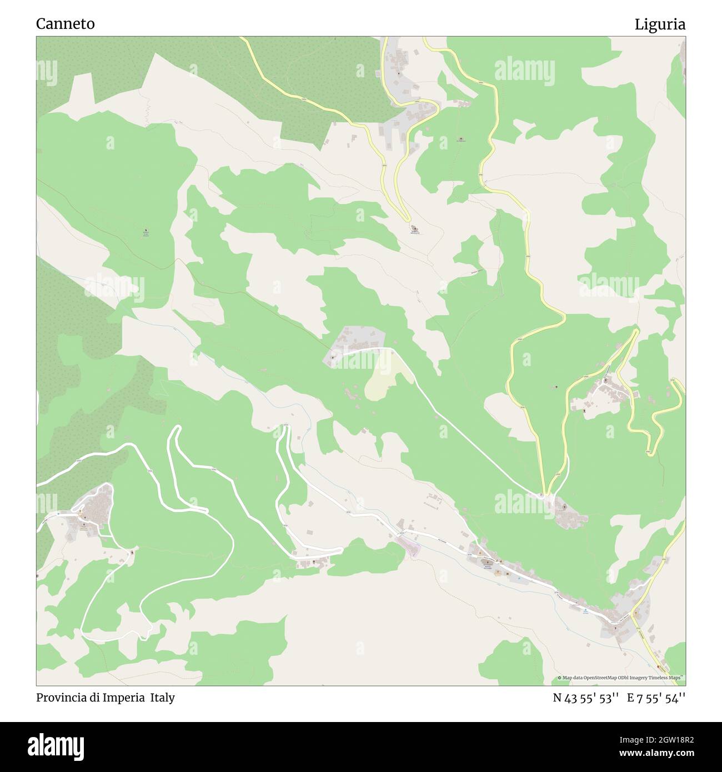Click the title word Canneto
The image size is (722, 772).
tap(65, 24)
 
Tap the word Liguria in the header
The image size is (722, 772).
tap(660, 24)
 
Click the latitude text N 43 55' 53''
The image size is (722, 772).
tap(586, 698)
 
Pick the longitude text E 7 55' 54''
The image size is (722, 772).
tap(656, 698)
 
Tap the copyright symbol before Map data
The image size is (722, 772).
tap(560, 678)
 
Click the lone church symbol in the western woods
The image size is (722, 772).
tap(146, 230)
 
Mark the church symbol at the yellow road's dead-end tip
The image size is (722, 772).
tap(414, 228)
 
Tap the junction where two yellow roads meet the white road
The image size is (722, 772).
tap(546, 494)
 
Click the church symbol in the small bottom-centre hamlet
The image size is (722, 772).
tap(315, 563)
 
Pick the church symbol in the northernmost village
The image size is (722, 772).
tap(398, 73)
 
